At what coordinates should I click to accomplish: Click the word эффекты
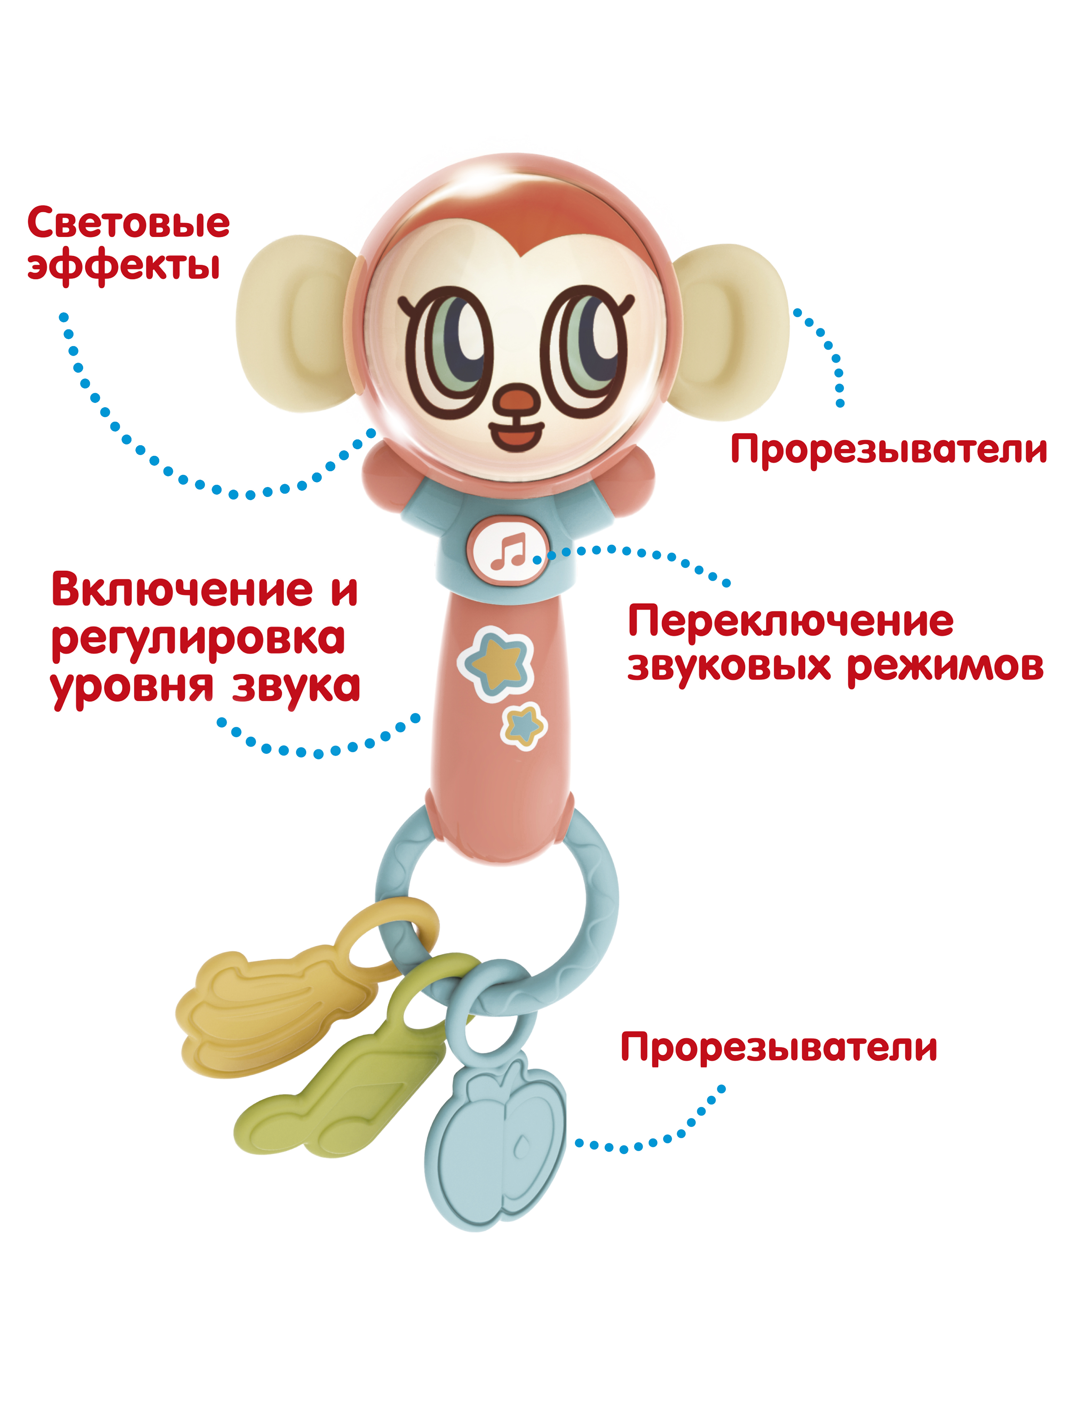[124, 265]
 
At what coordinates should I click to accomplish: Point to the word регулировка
[198, 640]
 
